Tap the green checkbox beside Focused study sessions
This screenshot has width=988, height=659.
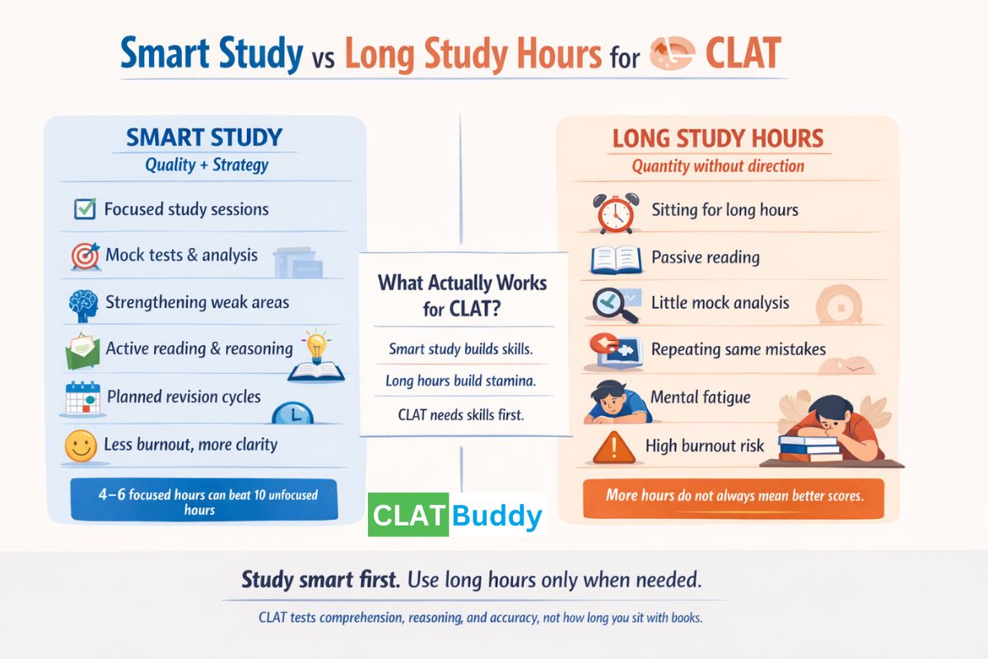[x=84, y=209]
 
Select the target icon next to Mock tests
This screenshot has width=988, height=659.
[x=84, y=256]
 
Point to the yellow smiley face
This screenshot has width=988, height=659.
[x=79, y=447]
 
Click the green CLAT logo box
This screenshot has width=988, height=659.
[x=408, y=516]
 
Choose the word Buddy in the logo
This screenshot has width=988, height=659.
[x=496, y=516]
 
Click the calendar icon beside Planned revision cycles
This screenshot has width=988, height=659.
[x=82, y=399]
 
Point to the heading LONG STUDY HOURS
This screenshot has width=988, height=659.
[x=717, y=138]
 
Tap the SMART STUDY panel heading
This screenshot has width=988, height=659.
[x=204, y=137]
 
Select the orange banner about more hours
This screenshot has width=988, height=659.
[x=733, y=496]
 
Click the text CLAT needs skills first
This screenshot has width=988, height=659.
[x=460, y=414]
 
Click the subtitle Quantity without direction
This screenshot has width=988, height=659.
[x=717, y=166]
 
